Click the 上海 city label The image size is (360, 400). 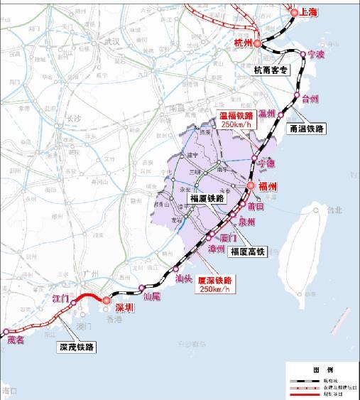pos(308,13)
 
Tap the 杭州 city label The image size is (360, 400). pos(244,43)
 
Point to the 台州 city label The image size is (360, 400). pos(311,99)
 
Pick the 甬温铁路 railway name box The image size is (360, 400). pos(307,129)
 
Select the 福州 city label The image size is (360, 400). pos(267,187)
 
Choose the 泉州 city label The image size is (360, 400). pos(246,222)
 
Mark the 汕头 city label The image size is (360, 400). pos(183,279)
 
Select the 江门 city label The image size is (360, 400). pos(60,301)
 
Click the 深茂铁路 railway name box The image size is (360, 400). pos(76,347)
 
